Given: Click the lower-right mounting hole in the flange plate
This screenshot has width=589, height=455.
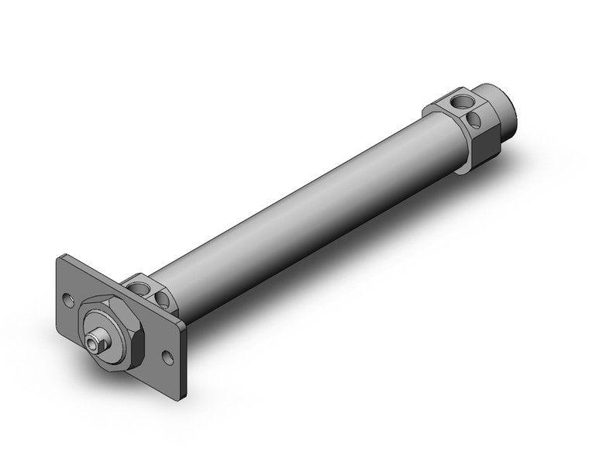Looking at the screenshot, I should pos(167,356).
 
